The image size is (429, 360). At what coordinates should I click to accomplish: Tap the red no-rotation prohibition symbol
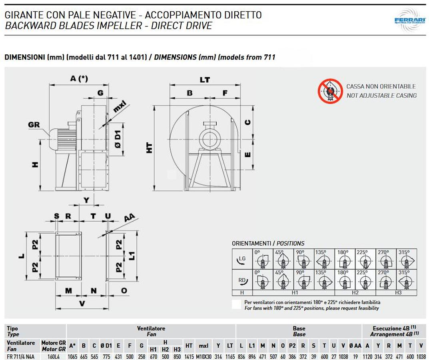click(x=330, y=91)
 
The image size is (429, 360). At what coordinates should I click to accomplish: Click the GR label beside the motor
click(x=34, y=124)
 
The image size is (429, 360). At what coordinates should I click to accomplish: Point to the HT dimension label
click(x=149, y=148)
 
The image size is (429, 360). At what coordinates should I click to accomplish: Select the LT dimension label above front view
click(x=205, y=80)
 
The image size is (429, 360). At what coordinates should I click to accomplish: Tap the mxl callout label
click(x=120, y=107)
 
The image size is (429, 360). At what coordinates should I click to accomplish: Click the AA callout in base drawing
click(x=129, y=218)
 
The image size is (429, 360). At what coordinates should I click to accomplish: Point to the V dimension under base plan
click(x=82, y=304)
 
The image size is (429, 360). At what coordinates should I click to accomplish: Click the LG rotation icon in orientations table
click(x=242, y=259)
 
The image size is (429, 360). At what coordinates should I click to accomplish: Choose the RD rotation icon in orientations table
click(x=242, y=280)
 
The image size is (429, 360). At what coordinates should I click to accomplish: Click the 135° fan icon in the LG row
click(x=323, y=260)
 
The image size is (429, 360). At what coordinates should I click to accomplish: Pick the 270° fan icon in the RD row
click(x=385, y=280)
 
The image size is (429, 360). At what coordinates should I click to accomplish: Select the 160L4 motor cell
click(x=54, y=357)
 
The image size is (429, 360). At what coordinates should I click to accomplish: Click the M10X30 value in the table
click(x=205, y=357)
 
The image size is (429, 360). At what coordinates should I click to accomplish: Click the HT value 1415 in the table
click(x=189, y=357)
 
